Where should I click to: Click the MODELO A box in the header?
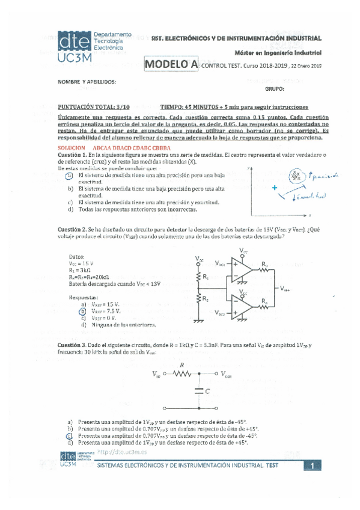tap(171, 64)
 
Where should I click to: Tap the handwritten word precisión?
tap(323, 176)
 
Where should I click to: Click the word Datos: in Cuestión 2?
tap(76, 255)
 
